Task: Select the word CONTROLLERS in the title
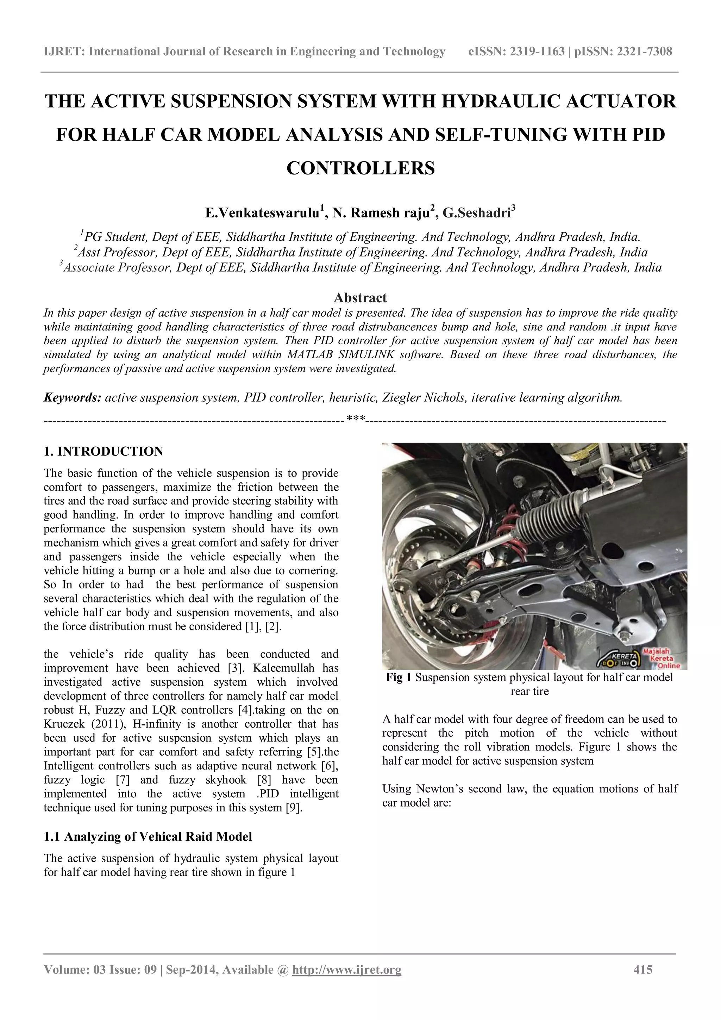tap(360, 168)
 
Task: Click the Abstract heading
tap(360, 298)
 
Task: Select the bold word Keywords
tap(73, 397)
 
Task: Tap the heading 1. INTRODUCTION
tap(104, 451)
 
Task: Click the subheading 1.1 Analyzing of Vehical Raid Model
tap(148, 836)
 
